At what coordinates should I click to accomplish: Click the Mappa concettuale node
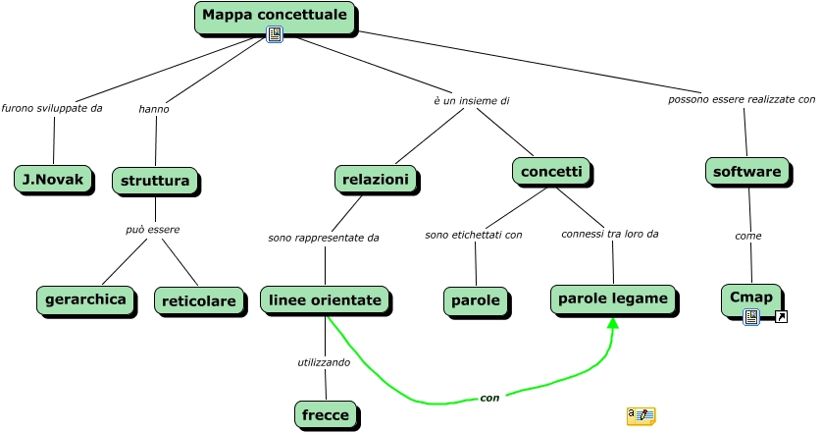coord(275,16)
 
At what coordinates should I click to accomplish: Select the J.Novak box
coord(53,179)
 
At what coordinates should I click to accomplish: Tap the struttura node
coord(155,182)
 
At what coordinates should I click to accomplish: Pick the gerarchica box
coord(85,299)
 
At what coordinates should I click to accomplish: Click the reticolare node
coord(198,300)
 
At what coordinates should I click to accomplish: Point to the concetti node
coord(550,172)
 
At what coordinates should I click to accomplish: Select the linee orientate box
coord(325,299)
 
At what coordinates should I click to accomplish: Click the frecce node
coord(325,414)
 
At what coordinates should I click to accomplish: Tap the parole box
coord(476,300)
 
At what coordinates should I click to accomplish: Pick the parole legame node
coord(613,298)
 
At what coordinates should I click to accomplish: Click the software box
coord(747,172)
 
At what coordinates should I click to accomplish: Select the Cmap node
coord(751,298)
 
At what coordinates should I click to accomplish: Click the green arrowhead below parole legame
coord(613,324)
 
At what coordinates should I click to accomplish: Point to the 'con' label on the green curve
coord(489,398)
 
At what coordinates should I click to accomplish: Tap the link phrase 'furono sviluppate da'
coord(52,108)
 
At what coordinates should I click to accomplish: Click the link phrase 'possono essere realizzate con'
coord(742,100)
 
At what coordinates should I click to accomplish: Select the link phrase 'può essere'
coord(153,230)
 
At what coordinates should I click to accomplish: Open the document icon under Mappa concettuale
coord(275,35)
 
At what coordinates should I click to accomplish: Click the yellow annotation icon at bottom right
coord(641,416)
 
